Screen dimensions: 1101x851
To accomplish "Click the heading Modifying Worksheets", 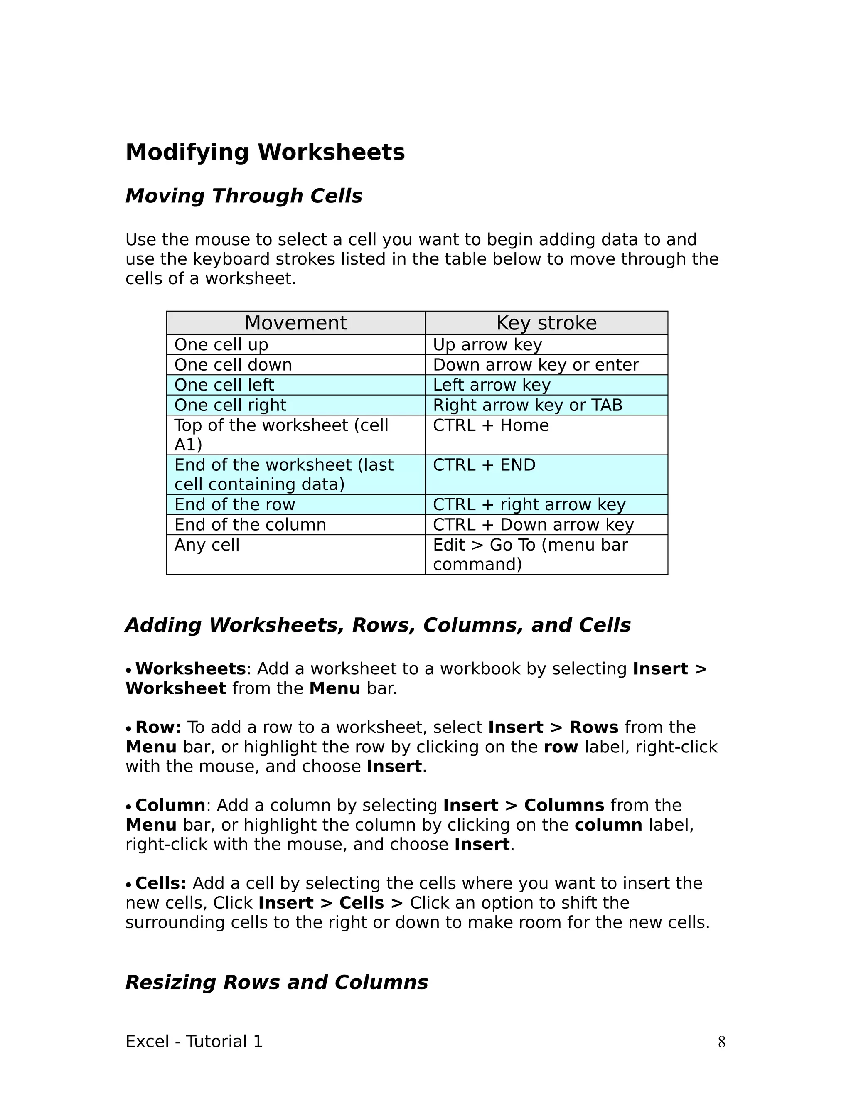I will pos(265,152).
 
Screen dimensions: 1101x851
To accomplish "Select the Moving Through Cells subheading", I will pos(243,196).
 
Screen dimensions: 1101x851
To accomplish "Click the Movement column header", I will pos(295,323).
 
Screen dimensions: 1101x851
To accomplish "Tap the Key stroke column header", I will pos(546,323).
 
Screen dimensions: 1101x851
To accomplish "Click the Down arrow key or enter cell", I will pos(535,365).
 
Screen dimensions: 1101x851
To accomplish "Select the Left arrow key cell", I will pos(492,385).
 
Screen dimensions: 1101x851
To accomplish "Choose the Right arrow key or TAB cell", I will pos(527,406).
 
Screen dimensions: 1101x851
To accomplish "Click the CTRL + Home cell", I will pos(491,425).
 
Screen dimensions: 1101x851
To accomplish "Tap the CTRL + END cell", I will pos(484,465).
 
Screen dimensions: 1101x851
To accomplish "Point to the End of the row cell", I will pos(234,505).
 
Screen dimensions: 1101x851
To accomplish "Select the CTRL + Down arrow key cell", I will pos(533,525).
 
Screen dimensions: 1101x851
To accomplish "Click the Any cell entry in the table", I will pos(207,545).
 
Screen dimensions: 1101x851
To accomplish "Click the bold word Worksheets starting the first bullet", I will pos(190,669).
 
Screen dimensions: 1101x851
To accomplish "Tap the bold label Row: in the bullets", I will pos(158,727).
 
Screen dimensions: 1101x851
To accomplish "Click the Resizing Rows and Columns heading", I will pos(276,983).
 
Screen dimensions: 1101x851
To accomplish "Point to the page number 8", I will pos(721,1042).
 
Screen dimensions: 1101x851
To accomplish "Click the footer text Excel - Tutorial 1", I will pos(194,1042).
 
